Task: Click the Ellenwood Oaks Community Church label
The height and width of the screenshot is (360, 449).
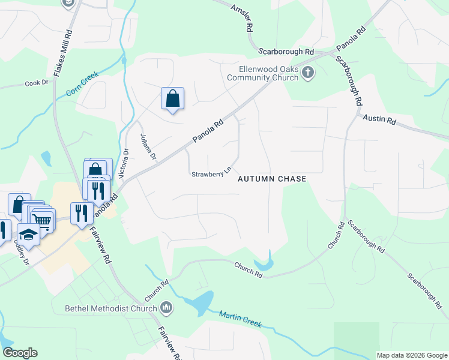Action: point(268,73)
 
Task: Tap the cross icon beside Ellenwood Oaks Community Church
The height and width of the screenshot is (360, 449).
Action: point(308,73)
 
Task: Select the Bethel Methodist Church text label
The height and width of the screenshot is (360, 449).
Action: point(111,309)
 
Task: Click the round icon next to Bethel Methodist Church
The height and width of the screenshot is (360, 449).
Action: point(166,308)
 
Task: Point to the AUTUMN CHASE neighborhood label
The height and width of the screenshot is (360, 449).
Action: point(272,179)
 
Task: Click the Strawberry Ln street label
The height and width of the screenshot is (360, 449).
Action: point(211,174)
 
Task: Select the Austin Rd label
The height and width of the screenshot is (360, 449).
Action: point(379,120)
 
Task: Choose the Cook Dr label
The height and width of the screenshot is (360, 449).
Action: point(37,83)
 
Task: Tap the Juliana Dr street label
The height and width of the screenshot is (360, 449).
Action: point(148,148)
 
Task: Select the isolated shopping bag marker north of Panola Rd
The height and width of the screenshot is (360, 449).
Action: point(172,98)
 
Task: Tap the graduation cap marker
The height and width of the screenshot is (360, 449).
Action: point(29,233)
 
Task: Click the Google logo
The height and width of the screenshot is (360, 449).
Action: point(20,353)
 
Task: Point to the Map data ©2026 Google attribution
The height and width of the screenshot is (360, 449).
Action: point(412,355)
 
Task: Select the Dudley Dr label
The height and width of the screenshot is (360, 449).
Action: point(21,253)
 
